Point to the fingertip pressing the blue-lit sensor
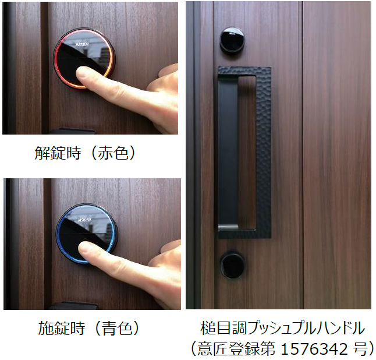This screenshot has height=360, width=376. (x=84, y=248)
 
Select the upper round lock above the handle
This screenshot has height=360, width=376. (x=232, y=40)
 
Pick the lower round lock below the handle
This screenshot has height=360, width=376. (x=232, y=265)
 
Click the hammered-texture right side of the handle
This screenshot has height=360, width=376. (x=263, y=154)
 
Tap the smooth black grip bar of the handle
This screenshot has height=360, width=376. (x=228, y=153)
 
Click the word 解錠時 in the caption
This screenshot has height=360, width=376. (x=58, y=153)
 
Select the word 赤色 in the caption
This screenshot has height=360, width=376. (x=113, y=153)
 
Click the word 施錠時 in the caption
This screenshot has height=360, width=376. (x=62, y=328)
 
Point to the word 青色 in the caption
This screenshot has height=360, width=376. (x=117, y=328)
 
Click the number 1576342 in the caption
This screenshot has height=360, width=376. (x=314, y=348)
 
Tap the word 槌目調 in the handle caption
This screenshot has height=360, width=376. (x=224, y=328)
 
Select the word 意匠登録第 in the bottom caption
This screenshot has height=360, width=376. (x=236, y=348)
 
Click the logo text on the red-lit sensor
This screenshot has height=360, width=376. (x=82, y=45)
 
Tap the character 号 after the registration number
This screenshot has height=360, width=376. (x=358, y=348)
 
